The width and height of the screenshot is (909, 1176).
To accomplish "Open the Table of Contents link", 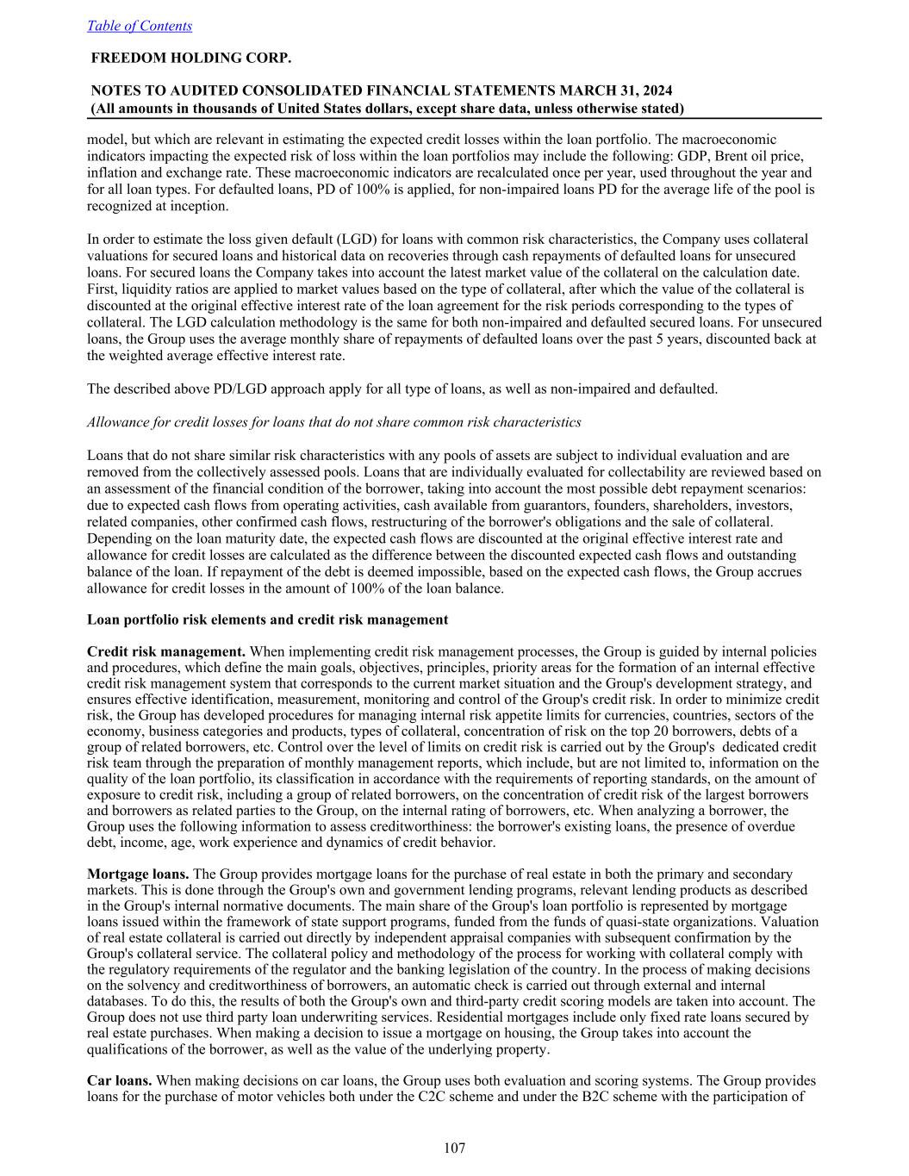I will click(x=140, y=26).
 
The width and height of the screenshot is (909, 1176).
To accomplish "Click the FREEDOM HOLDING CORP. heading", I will click(x=190, y=59).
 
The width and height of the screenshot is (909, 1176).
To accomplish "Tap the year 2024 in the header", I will click(x=657, y=90).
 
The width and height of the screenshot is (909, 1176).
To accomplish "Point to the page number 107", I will click(x=454, y=1148).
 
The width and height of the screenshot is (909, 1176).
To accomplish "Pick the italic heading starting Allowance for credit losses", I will click(x=333, y=422).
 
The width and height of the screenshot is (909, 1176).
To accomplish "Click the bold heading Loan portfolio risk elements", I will click(x=267, y=619).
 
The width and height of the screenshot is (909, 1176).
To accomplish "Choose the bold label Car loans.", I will click(x=120, y=1080).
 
